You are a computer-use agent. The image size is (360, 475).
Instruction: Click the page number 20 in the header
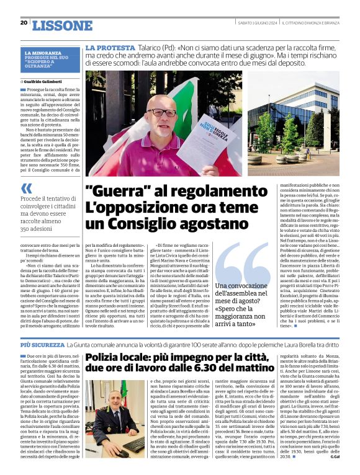pos(24,23)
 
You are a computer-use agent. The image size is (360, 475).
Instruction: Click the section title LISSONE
pos(61,25)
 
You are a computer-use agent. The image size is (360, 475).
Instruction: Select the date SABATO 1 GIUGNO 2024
pos(257,23)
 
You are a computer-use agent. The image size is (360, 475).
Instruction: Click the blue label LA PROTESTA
pos(110,48)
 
